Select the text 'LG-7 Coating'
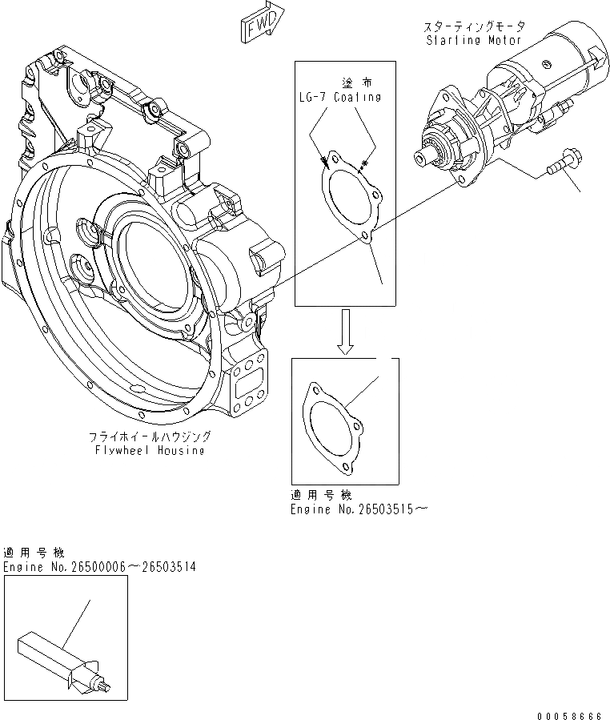click(335, 97)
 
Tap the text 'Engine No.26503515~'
click(353, 509)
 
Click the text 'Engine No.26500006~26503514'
click(99, 567)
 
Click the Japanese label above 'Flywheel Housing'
click(150, 436)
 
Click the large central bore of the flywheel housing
click(156, 264)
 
